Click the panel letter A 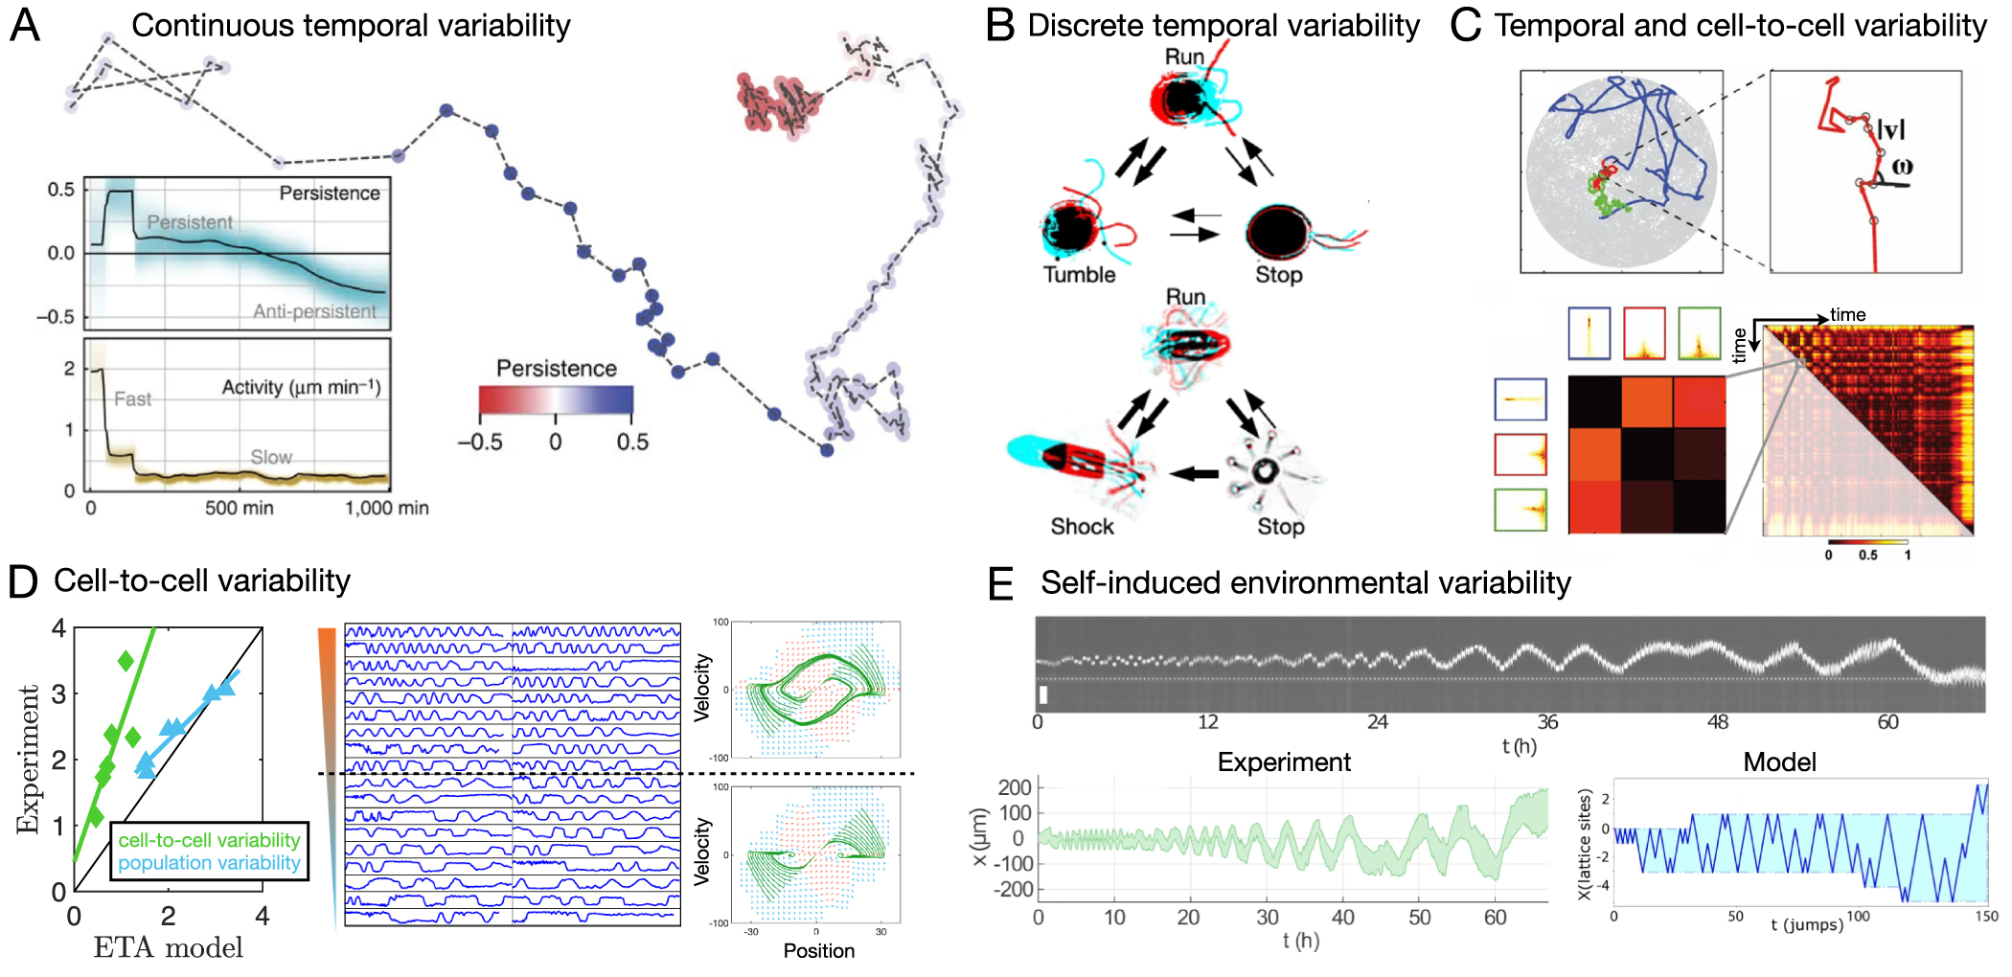25,25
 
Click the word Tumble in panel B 1079,275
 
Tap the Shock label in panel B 1082,527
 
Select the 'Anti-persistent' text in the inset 314,311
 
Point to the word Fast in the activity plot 132,399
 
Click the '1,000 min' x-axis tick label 386,509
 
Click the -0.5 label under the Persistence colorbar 479,443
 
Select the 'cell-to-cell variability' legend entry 209,840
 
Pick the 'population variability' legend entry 209,863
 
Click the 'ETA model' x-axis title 168,948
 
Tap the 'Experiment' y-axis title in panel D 28,759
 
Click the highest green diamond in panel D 126,661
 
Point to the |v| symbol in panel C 1890,128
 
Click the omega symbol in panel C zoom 1902,167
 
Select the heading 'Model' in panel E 1779,762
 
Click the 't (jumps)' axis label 1806,925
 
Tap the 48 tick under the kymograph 1718,722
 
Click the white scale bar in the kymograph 1043,694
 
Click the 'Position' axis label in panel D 818,951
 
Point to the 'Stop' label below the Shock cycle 1280,527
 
